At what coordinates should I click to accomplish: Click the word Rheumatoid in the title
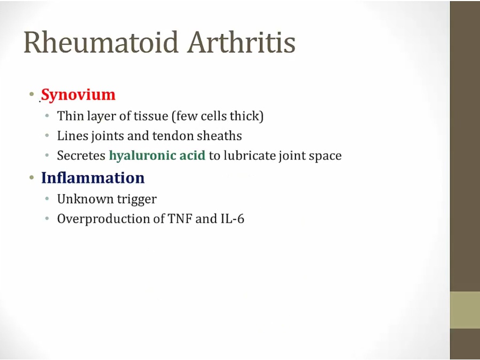(101, 42)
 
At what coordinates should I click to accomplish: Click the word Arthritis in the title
(242, 42)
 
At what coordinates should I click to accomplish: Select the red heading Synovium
(78, 94)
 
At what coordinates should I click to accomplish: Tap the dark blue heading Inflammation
(93, 178)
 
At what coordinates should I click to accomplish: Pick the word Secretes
(81, 156)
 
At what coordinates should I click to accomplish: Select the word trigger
(137, 200)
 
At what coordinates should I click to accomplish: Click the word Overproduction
(111, 219)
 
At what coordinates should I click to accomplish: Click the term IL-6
(233, 219)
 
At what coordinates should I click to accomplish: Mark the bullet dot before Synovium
(31, 94)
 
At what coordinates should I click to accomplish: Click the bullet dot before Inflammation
(31, 177)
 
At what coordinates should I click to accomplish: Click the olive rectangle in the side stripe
(465, 310)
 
